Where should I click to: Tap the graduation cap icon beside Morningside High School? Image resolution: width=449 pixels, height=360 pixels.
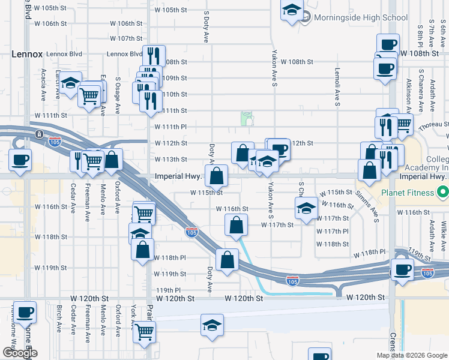click(292, 11)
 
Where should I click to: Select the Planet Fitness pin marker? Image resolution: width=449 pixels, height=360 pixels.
click(443, 193)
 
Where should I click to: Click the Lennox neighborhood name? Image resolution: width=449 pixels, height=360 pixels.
click(27, 54)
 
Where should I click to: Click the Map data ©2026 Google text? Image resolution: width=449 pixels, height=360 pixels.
click(412, 355)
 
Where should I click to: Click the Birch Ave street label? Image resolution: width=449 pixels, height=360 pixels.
click(59, 319)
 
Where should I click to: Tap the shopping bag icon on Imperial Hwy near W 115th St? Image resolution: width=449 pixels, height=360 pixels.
click(217, 176)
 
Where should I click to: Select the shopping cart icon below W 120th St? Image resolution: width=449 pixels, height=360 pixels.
click(144, 331)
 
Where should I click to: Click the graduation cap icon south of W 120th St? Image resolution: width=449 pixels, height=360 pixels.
click(212, 325)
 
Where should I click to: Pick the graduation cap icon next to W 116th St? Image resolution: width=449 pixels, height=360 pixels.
click(306, 209)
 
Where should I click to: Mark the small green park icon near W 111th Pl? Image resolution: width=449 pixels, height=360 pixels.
click(247, 118)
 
